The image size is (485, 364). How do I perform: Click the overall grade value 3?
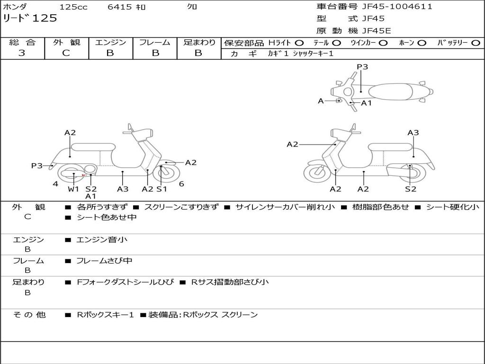(22, 53)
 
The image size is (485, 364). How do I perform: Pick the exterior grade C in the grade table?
(66, 53)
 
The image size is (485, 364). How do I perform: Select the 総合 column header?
(22, 43)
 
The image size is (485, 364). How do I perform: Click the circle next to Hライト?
(299, 43)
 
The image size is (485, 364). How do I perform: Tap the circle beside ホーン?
(422, 43)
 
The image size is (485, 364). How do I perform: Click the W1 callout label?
(73, 189)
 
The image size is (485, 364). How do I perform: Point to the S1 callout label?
(162, 189)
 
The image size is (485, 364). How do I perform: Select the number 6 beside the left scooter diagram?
(181, 184)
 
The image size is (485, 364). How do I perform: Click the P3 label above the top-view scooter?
(362, 67)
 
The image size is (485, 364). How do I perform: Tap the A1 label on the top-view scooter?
(367, 103)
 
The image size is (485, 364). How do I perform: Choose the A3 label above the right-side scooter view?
(413, 133)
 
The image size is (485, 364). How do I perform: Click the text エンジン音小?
(102, 240)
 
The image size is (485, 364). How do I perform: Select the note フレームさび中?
(104, 261)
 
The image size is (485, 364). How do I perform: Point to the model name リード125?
(30, 18)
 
